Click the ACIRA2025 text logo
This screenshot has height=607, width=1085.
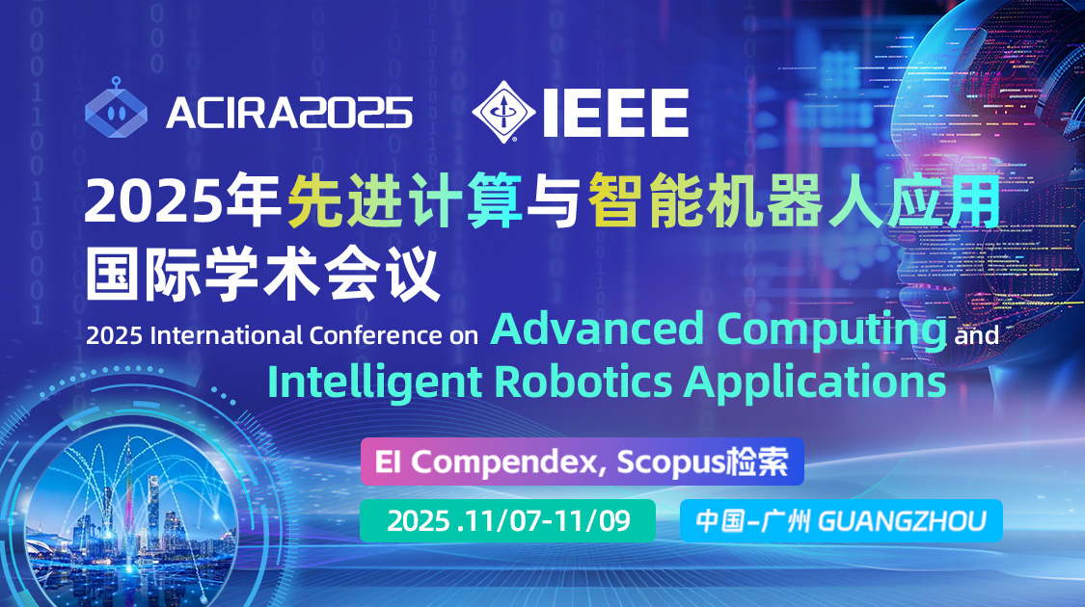coord(289,113)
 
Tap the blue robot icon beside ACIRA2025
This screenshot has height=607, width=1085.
coord(116,108)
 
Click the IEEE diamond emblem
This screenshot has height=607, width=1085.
coord(503,112)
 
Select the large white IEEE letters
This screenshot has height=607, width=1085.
coord(615,113)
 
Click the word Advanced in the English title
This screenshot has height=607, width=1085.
coord(597,330)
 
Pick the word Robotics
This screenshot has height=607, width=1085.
coord(583,382)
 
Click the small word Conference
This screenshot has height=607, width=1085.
coord(375,335)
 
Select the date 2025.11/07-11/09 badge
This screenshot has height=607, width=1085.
coord(507,520)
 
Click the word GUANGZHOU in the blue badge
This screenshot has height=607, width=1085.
coord(902,521)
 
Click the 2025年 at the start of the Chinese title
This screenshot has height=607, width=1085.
coord(182,201)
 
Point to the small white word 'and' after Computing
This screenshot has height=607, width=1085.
coord(976,336)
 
